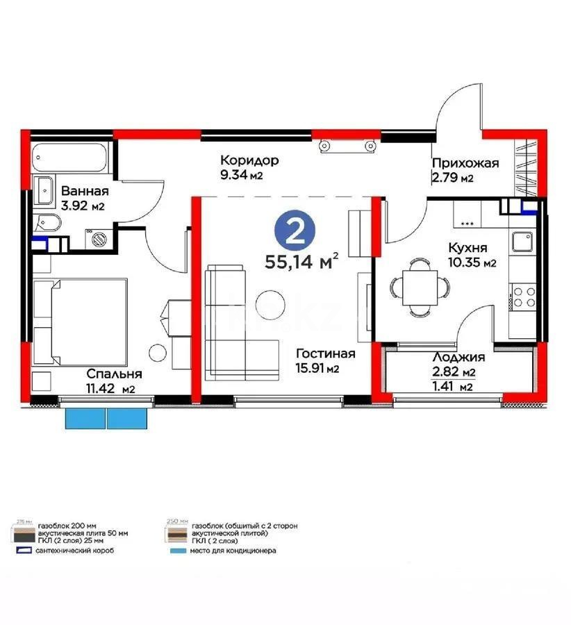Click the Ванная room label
85,192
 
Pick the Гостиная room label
325,353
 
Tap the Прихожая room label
465,163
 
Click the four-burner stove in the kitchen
522,297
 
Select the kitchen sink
522,242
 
